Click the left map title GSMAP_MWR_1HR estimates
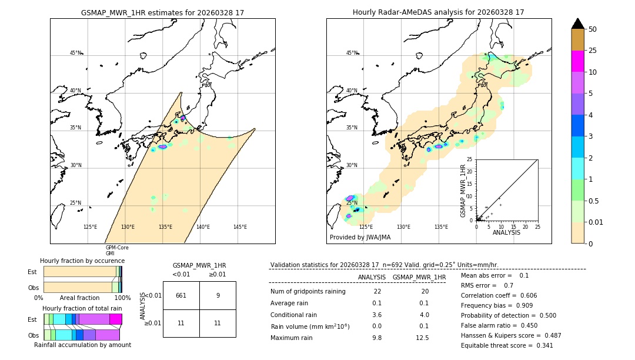[162, 12]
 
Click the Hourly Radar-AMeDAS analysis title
[439, 12]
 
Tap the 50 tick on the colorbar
[593, 29]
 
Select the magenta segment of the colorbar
[578, 62]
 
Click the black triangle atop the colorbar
[578, 24]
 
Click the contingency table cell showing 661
[181, 295]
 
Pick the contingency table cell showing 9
[218, 295]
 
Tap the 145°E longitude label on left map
[240, 227]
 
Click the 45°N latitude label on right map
[352, 53]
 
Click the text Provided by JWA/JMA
[360, 238]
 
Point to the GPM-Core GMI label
[116, 251]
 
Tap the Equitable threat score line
[507, 345]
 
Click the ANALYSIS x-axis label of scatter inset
[507, 232]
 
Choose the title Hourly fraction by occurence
[82, 261]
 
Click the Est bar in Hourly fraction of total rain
[82, 319]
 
